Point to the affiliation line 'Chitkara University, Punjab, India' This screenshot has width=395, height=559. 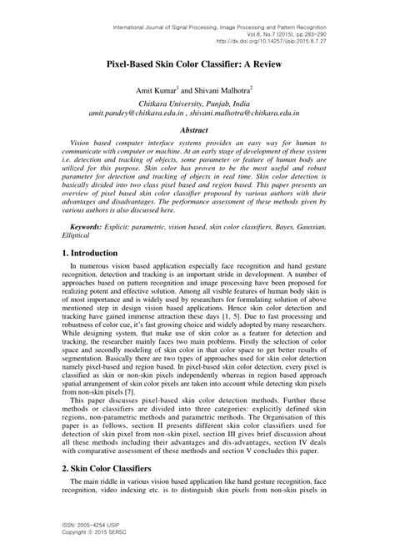point(197,106)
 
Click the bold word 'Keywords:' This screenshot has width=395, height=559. point(91,226)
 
